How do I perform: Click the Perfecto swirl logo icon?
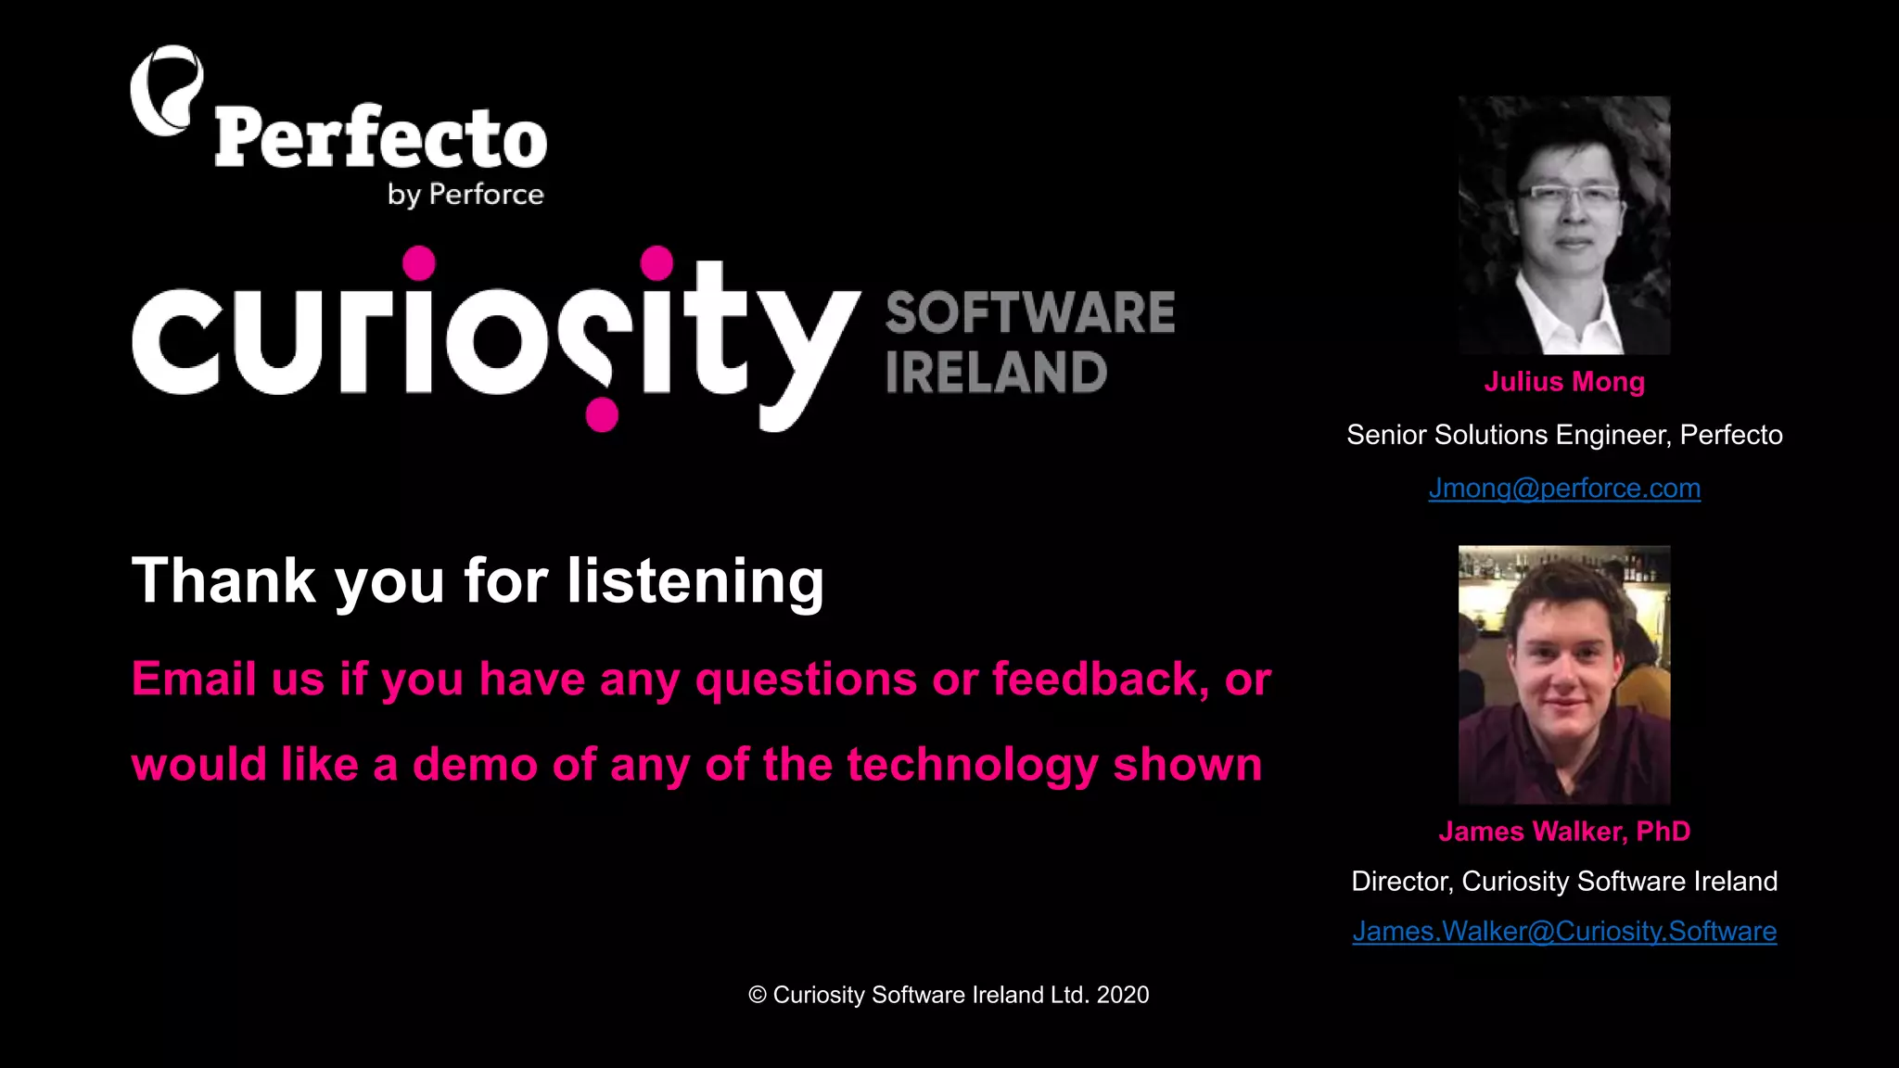(x=166, y=91)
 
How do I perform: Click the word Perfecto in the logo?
(x=380, y=138)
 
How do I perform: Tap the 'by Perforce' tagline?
(x=465, y=195)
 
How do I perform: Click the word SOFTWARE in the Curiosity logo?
(x=1029, y=312)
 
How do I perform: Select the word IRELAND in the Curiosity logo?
(x=996, y=373)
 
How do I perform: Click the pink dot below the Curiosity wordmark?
(x=602, y=414)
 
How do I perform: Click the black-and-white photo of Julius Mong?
(x=1564, y=225)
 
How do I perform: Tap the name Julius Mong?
(x=1564, y=382)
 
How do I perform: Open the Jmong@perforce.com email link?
(x=1564, y=489)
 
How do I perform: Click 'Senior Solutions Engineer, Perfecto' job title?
(x=1564, y=435)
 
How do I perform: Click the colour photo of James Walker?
(x=1564, y=675)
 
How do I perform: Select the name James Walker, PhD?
(x=1564, y=832)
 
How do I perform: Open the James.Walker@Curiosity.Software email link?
(x=1564, y=932)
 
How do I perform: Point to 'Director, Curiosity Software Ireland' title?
(x=1564, y=881)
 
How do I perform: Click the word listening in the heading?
(x=695, y=582)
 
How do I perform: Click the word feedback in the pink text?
(x=1100, y=679)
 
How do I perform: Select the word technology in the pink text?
(x=972, y=766)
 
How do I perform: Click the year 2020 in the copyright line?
(x=1123, y=995)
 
